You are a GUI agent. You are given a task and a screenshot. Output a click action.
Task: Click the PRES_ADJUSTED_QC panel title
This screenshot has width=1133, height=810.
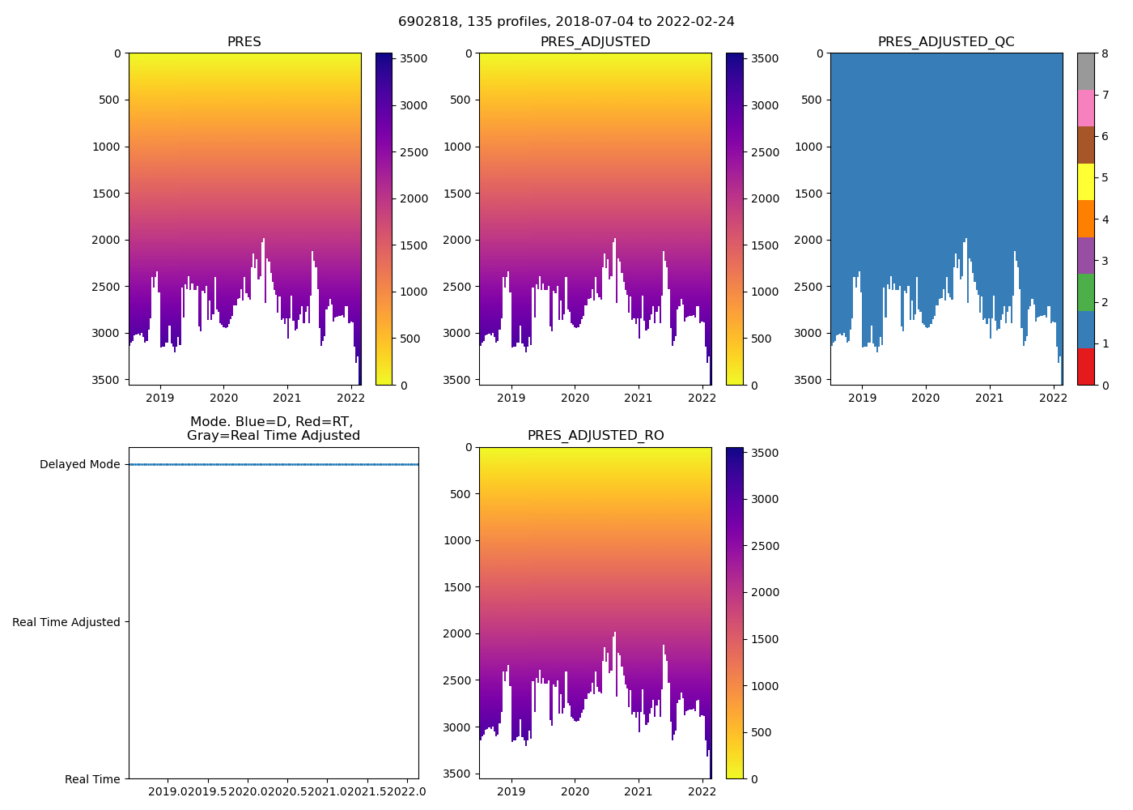[x=946, y=42]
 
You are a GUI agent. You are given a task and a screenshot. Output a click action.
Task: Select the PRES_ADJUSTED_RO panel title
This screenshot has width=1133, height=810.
[x=596, y=436]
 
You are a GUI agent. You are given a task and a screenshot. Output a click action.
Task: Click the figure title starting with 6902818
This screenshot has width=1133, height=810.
[x=566, y=22]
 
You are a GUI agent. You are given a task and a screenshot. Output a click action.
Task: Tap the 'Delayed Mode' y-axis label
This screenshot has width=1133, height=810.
[x=79, y=465]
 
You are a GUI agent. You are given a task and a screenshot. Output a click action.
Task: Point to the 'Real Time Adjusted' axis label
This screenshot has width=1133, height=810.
[x=66, y=622]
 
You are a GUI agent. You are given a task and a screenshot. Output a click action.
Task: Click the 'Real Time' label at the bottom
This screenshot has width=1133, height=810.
[x=92, y=779]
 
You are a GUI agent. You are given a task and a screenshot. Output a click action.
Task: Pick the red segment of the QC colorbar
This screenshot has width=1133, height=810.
[x=1085, y=367]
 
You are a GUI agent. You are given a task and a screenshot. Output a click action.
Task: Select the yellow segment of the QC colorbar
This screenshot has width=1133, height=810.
[x=1085, y=182]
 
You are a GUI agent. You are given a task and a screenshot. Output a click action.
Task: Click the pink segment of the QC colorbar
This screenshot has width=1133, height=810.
[x=1085, y=109]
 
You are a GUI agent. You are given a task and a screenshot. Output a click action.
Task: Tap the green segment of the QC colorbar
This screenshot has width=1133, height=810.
[x=1085, y=292]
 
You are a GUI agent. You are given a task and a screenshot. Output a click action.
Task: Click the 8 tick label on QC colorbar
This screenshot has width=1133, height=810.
[x=1105, y=53]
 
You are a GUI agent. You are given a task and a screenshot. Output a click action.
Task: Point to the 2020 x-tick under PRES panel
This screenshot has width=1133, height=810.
[x=223, y=398]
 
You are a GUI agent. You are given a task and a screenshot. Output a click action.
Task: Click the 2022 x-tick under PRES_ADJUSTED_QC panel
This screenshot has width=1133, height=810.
[x=1052, y=398]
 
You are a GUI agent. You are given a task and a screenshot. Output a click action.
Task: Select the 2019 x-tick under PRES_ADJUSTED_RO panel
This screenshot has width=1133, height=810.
[x=511, y=791]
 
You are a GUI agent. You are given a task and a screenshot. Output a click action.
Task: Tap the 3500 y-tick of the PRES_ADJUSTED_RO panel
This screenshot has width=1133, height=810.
[x=457, y=774]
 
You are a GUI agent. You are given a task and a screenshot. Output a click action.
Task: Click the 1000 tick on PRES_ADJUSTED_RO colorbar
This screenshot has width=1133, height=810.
[x=766, y=686]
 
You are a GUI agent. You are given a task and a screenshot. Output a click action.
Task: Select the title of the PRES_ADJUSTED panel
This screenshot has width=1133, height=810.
[x=596, y=42]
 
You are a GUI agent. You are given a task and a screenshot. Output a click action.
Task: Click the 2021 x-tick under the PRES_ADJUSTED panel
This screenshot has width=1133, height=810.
[x=639, y=398]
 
